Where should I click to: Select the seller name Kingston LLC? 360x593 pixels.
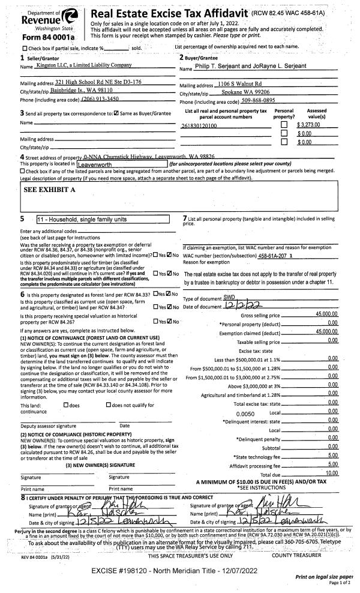click(x=83, y=64)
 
